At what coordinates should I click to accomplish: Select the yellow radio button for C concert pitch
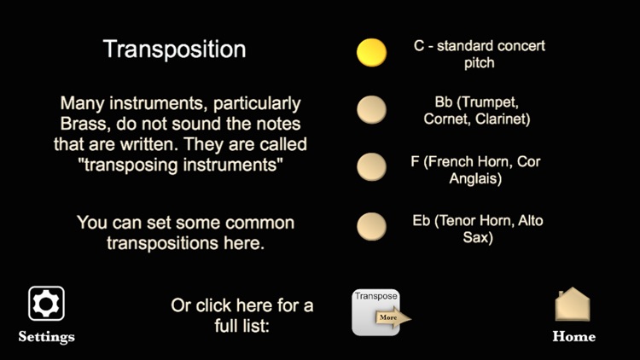[371, 52]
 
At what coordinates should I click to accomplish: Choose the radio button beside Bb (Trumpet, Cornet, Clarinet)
[371, 109]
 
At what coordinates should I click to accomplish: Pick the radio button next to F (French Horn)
[371, 166]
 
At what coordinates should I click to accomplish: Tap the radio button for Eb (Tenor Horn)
[371, 226]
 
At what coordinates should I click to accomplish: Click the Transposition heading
[174, 49]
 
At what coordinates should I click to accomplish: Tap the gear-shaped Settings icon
[46, 303]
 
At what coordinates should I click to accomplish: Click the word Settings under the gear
[46, 336]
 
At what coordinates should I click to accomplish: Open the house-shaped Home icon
[573, 304]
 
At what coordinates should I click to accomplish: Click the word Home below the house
[573, 336]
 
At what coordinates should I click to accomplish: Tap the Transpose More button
[376, 312]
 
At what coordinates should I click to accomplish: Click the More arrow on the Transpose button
[392, 317]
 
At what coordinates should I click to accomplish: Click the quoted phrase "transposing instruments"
[181, 165]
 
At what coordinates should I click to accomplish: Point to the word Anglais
[475, 179]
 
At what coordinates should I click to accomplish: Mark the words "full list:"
[242, 325]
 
